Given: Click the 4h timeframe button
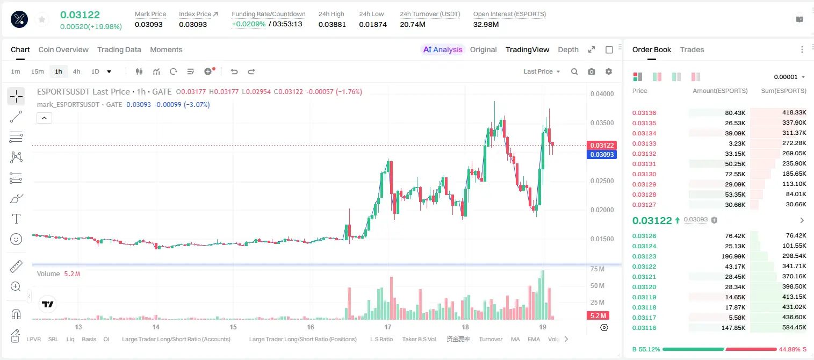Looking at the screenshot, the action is pos(76,71).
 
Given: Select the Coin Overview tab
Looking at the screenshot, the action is pos(63,50).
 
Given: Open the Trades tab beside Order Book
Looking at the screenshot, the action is pos(692,50).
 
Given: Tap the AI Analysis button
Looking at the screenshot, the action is pos(443,50).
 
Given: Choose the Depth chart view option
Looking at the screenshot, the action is pos(568,50).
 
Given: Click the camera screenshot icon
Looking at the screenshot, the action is pos(592,71).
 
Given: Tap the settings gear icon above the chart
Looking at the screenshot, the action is pos(609,71).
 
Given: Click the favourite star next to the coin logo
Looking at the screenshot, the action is pos(42,20).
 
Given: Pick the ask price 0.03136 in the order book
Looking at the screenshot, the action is pos(644,113).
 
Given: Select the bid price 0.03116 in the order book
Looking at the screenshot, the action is pos(644,328).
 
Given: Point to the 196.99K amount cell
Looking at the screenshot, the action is pos(733,256).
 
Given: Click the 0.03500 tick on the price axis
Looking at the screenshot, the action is pos(602,123).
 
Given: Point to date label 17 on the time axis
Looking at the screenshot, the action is pos(388,327).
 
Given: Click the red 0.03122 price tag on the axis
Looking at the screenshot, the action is pos(602,145).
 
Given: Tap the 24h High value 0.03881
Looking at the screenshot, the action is pos(332,24).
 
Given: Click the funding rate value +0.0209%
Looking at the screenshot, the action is pos(249,24).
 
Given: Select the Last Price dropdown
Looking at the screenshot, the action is pos(542,71).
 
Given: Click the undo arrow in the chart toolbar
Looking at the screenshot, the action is pos(234,71).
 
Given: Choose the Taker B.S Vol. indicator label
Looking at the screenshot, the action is pos(419,339).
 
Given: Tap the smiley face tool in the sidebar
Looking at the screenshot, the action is pos(16,239).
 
